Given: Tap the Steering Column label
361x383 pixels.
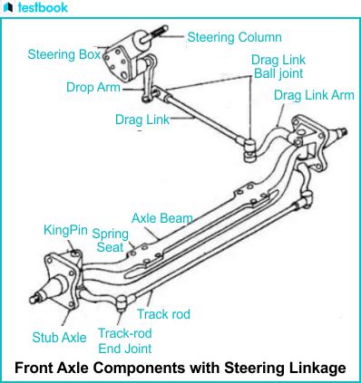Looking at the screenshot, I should [x=235, y=38].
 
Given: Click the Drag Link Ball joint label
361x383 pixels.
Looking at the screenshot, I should [x=277, y=66].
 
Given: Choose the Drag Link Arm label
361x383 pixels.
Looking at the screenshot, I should [x=313, y=95].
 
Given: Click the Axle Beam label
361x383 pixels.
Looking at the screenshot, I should [x=161, y=218].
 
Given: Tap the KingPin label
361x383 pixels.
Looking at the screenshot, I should [x=65, y=230].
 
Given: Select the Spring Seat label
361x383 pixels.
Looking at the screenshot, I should [x=110, y=240].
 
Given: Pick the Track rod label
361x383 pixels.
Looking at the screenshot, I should [x=163, y=314].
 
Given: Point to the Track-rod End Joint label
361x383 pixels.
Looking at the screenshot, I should [x=124, y=340].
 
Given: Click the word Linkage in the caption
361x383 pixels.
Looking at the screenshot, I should [x=315, y=368].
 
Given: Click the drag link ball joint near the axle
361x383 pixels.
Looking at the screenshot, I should [x=249, y=143].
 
